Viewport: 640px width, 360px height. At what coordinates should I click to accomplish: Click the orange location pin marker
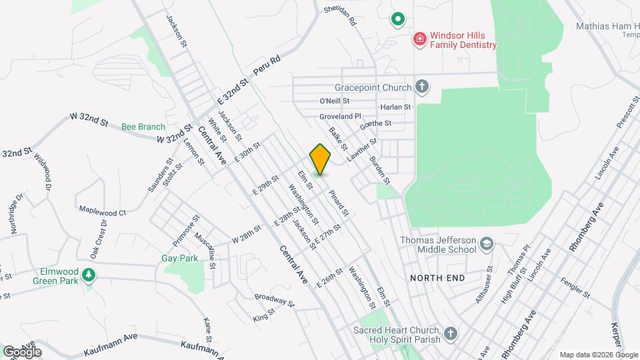click(x=320, y=159)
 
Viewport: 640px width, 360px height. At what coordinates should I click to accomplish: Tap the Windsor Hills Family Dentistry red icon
click(x=419, y=39)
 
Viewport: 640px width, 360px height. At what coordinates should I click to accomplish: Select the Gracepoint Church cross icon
click(x=421, y=87)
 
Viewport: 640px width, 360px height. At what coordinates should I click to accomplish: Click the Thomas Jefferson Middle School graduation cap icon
click(x=487, y=245)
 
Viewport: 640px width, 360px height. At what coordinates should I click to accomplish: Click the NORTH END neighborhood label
click(x=436, y=277)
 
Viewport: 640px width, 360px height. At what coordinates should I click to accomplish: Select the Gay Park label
click(x=176, y=258)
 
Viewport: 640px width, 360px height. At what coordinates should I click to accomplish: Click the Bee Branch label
click(x=143, y=127)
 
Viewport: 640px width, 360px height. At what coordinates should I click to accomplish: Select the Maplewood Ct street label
click(x=103, y=212)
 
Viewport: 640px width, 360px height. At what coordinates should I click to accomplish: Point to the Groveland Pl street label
click(x=340, y=115)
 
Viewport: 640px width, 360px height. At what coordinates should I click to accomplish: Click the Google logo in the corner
click(x=22, y=352)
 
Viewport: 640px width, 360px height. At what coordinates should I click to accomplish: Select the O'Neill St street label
click(x=335, y=101)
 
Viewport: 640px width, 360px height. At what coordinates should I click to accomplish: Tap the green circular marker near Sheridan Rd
click(x=398, y=19)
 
